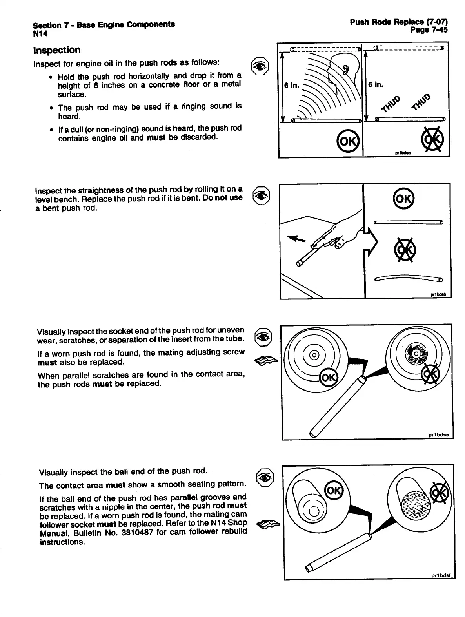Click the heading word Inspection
[x=57, y=50]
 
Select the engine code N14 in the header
[x=40, y=34]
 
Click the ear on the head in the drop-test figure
[x=345, y=69]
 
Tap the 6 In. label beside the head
[x=292, y=85]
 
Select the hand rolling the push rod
[x=337, y=234]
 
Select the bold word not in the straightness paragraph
[x=221, y=197]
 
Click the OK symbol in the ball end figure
[x=334, y=491]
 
